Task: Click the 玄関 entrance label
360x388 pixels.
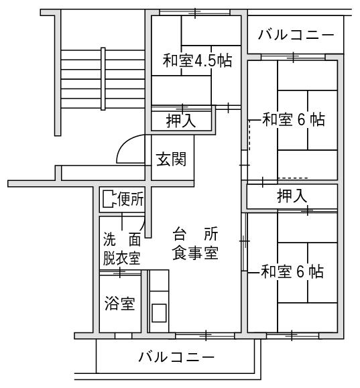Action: click(172, 159)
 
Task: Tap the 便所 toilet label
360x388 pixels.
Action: click(131, 199)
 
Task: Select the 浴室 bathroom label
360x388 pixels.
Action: click(120, 304)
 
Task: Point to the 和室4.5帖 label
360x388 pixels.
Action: click(197, 60)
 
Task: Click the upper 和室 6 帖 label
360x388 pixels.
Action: click(294, 119)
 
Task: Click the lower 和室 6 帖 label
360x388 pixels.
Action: click(292, 271)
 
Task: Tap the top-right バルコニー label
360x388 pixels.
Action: click(296, 34)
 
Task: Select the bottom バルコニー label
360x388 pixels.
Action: click(176, 357)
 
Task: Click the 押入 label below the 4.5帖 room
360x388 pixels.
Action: click(181, 121)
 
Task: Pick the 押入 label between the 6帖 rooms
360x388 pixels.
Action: click(292, 196)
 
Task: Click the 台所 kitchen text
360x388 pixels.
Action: click(195, 234)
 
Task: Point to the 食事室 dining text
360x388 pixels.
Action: click(195, 253)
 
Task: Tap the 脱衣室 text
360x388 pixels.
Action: click(122, 258)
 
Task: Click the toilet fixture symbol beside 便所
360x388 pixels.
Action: click(109, 199)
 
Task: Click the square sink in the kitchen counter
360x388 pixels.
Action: click(159, 313)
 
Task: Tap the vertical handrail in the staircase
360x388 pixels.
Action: click(103, 78)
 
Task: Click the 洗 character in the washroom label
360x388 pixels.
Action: click(109, 239)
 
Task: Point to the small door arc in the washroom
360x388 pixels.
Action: click(142, 223)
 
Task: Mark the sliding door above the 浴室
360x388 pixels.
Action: click(120, 273)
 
